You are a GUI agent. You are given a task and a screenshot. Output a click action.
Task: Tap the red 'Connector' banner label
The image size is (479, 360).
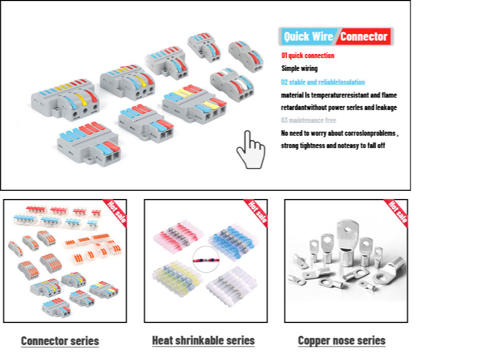[x=364, y=37]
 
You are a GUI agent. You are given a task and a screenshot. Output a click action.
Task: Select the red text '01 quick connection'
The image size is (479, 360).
[x=307, y=56]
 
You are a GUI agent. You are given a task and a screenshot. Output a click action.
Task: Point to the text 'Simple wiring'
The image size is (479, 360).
[x=299, y=68]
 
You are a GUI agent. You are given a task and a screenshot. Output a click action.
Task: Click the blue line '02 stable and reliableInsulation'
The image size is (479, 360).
[x=323, y=82]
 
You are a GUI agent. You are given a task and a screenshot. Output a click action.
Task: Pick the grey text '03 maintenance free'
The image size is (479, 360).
[x=308, y=120]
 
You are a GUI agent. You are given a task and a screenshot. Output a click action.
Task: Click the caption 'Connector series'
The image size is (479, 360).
[x=60, y=340]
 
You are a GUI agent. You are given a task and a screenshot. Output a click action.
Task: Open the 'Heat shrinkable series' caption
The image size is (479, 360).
[x=203, y=340]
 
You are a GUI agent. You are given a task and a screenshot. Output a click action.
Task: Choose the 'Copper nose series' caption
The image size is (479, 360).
[x=341, y=340]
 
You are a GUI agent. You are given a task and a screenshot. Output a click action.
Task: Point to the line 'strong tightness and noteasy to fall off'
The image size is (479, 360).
[x=333, y=146]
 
